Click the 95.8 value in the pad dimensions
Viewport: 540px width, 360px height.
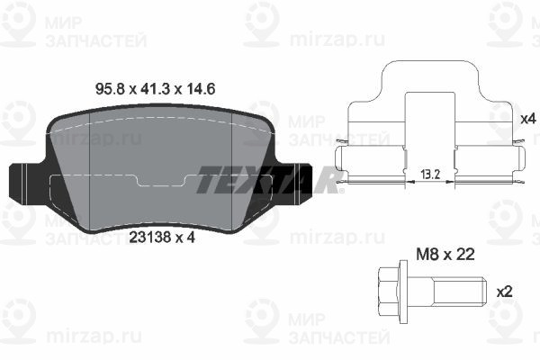coord(110,89)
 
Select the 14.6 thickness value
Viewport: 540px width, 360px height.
coord(201,89)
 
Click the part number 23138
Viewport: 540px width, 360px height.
coord(150,237)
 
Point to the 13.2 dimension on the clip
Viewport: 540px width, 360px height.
coord(430,175)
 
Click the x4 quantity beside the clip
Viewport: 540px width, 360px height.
coord(528,119)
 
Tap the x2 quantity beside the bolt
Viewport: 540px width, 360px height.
coord(505,292)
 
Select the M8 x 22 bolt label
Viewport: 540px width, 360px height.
coord(445,255)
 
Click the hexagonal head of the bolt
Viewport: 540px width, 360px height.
coord(389,292)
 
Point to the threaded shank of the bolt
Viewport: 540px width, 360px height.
coord(460,292)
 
